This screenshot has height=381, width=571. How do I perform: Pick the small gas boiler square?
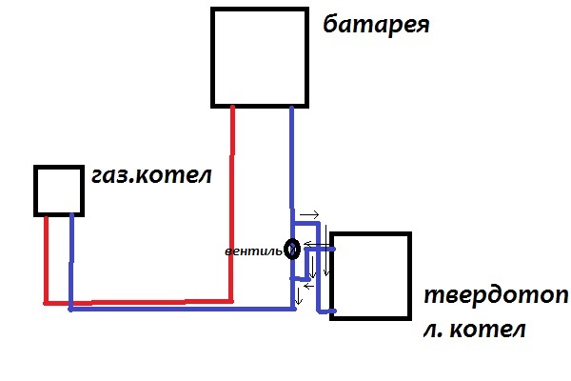(x=60, y=190)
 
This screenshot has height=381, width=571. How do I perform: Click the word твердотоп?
(x=494, y=295)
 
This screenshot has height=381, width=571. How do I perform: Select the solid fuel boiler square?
(x=370, y=275)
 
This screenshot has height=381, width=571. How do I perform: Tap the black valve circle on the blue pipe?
(x=293, y=249)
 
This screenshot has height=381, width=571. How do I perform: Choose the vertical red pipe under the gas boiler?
(x=46, y=257)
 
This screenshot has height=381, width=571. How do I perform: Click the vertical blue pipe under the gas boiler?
(x=71, y=262)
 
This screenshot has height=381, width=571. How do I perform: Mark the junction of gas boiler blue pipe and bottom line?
(x=71, y=309)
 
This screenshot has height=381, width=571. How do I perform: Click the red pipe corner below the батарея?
(x=231, y=298)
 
